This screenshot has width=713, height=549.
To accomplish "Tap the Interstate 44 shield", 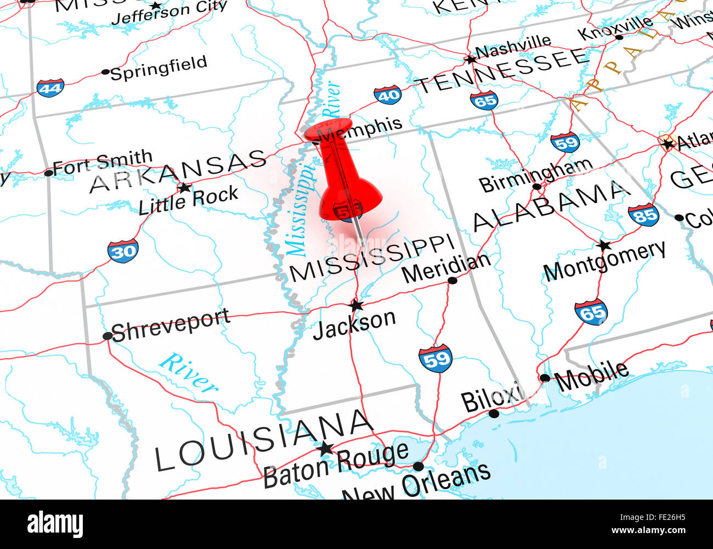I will coord(50,88).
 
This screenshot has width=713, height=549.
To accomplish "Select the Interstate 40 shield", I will coord(387,95).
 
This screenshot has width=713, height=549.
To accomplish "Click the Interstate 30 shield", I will coord(123,251).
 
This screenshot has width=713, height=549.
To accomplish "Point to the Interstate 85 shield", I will coord(643,215).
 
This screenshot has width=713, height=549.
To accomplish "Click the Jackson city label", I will coord(354,324).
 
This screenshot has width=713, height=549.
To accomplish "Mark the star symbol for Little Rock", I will coord(184,188).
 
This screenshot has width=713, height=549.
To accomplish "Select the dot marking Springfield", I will coord(106,72).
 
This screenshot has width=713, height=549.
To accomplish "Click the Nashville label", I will coord(513,47).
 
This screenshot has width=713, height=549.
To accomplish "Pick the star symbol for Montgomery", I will coord(604,245).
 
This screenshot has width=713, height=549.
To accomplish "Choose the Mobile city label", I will coord(591,376).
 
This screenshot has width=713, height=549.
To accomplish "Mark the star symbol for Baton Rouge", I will coord(325,449).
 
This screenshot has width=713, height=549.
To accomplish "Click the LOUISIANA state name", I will coord(264,441).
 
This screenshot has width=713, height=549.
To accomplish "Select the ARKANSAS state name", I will coord(178,171).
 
